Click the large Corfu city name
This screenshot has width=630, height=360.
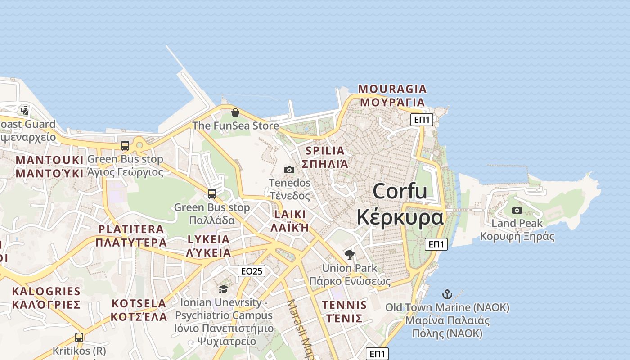point(400,191)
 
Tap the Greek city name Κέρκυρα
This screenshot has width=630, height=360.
point(400,218)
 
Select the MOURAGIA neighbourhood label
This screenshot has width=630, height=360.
point(392,89)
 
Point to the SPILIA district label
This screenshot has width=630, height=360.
point(325,151)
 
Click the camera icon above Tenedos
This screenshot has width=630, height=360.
point(289,170)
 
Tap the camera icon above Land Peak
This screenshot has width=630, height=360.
point(517,210)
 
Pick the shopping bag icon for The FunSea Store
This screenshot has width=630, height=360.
point(235,112)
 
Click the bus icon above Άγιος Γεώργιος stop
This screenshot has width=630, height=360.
point(125,146)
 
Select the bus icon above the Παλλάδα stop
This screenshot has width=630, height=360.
point(212,194)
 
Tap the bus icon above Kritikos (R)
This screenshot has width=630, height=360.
point(79,337)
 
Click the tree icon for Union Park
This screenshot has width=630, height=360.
point(349,255)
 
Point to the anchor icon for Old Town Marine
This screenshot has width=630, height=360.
point(447,294)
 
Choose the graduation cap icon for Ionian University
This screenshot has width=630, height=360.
point(223,288)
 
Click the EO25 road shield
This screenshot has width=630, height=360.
point(251,271)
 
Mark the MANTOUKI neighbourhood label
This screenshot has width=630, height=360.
point(49,160)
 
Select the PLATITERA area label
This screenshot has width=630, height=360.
point(131,229)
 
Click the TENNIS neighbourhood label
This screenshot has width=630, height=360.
point(344,305)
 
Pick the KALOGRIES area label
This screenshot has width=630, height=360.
point(46,291)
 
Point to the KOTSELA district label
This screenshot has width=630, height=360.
point(139,303)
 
